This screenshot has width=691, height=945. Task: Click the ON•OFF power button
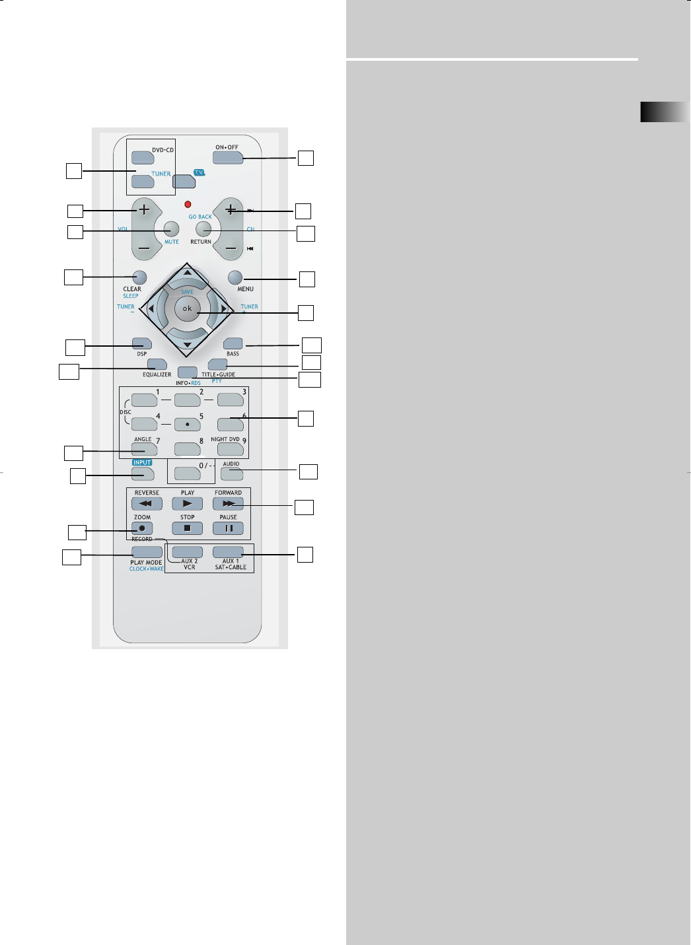228,157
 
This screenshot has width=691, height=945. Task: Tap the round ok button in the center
188,308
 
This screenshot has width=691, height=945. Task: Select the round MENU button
235,277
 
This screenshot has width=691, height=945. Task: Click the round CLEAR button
139,277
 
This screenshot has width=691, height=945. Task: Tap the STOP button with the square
188,528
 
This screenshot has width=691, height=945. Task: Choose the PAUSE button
228,528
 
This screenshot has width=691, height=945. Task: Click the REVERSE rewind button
147,503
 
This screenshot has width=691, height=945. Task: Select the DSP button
142,343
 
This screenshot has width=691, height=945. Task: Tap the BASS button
233,343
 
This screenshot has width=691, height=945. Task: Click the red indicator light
188,205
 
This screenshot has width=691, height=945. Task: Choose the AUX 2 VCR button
188,551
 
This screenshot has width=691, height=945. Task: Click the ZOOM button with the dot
142,528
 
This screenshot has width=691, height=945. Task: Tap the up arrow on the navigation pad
188,272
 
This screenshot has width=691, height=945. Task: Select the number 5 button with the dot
188,424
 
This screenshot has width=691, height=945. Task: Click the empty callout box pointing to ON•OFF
305,158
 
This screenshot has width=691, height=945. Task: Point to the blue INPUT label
142,463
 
